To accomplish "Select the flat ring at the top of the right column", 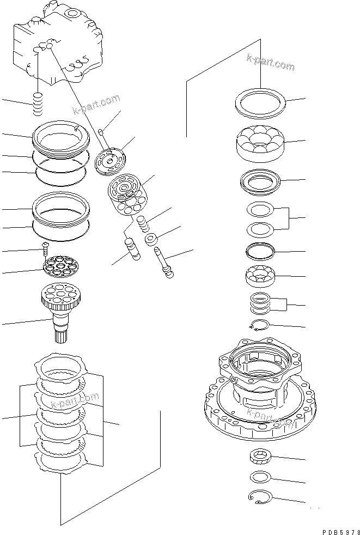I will pyautogui.click(x=260, y=103).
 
